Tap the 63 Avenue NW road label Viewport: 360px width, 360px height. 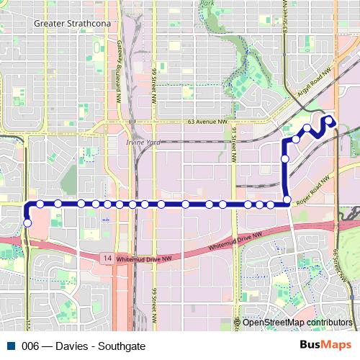tap(187, 122)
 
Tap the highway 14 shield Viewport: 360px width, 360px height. tap(107, 258)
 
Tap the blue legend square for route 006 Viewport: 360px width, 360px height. tap(12, 346)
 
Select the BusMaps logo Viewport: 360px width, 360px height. tap(325, 345)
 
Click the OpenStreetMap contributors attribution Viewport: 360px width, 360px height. tap(297, 323)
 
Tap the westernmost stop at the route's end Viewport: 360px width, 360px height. tap(27, 223)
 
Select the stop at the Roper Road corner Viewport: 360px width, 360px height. tap(287, 199)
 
